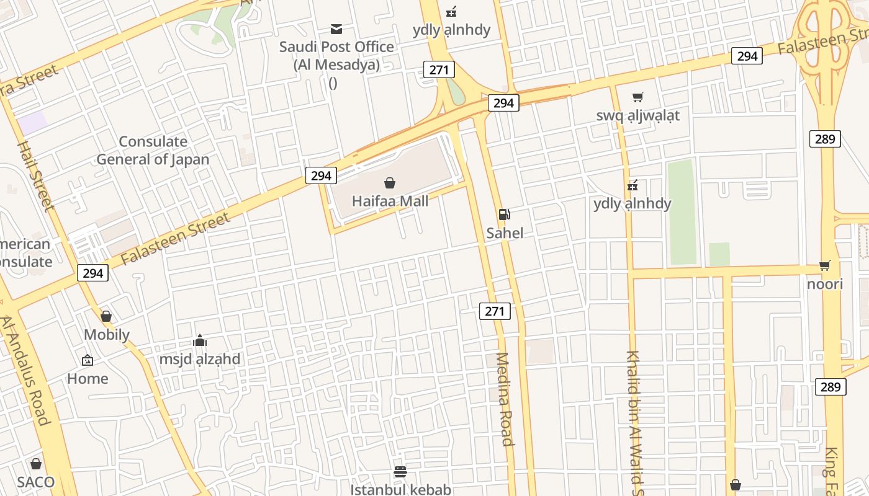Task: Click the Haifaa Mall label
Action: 390,201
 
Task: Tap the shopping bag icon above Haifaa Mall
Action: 390,183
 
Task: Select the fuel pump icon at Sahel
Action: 504,215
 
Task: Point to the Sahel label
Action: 504,233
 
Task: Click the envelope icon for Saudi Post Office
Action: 336,29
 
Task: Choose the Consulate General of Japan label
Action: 153,151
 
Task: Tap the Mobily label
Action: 107,335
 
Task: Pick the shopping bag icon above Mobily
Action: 106,317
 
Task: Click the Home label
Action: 88,378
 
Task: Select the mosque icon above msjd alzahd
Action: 200,340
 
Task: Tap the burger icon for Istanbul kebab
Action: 400,472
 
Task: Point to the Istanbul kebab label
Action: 400,489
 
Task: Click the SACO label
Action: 36,482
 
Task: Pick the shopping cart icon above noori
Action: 825,266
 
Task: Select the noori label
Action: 825,284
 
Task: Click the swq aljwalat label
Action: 637,115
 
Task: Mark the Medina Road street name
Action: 504,399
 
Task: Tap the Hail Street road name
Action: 36,177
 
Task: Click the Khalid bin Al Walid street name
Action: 635,422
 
